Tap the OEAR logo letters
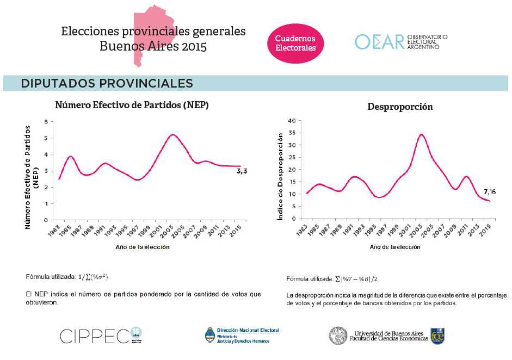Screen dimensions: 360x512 pos(379,42)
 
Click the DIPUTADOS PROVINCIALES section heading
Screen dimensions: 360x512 pos(107,83)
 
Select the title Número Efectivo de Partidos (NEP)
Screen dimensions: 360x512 pos(132,105)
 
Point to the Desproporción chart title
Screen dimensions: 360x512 pos(400,107)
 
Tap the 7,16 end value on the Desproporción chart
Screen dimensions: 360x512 pos(489,192)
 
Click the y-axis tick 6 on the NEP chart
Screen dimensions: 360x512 pos(46,122)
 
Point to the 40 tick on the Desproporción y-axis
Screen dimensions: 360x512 pos(292,121)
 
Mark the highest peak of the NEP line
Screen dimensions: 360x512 pos(173,135)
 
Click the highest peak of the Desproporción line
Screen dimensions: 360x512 pos(421,134)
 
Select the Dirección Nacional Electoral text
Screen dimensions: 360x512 pos(248,330)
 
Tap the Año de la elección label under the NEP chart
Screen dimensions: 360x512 pos(142,247)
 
